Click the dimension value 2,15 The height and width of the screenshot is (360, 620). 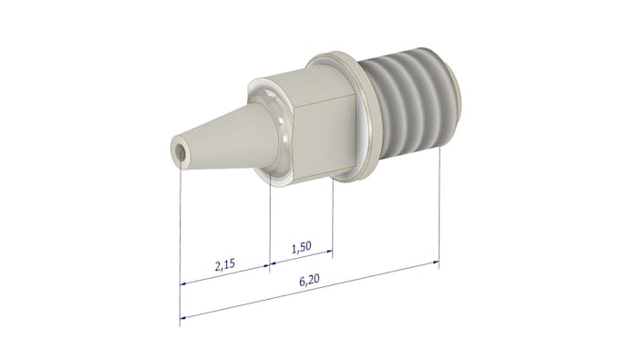(x=225, y=264)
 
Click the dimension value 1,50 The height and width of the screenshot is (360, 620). (x=301, y=247)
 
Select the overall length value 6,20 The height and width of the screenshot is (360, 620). (x=310, y=280)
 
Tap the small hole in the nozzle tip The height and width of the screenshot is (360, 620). (x=181, y=151)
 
